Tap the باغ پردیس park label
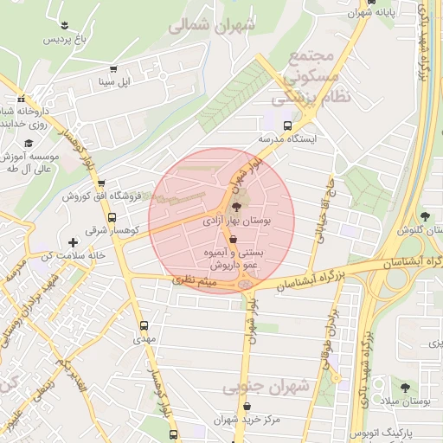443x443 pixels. pos(67,41)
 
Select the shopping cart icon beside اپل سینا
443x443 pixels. pos(112,69)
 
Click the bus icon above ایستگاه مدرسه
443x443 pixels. pos(288,125)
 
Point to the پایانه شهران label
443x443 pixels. pos(379,14)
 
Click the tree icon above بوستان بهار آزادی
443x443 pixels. pos(237,206)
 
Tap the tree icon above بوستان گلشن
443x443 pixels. pos(424,216)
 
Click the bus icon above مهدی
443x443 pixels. pos(143,326)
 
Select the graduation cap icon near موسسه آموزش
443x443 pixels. pos(29,143)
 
